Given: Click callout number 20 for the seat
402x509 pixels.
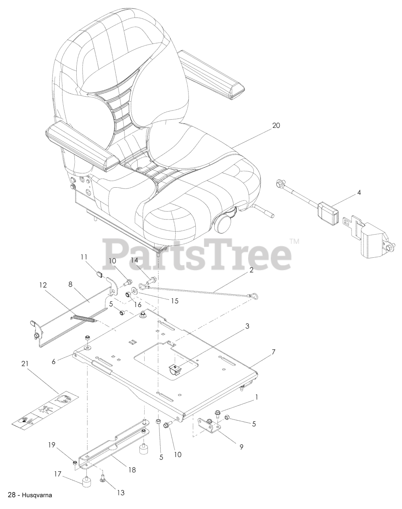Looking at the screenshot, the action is pos(276,126).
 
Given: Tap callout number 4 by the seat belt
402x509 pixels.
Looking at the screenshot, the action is pos(359,193).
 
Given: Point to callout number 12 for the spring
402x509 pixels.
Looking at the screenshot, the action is pos(43,285).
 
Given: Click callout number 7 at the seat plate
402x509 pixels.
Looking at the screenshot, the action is pos(273,352).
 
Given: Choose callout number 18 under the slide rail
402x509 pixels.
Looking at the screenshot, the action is pos(132,470).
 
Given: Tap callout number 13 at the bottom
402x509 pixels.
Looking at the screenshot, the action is pos(120,493).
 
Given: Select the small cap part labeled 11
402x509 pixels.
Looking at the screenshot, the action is pos(99,273).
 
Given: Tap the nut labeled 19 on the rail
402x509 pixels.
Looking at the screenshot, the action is pos(75,462).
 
